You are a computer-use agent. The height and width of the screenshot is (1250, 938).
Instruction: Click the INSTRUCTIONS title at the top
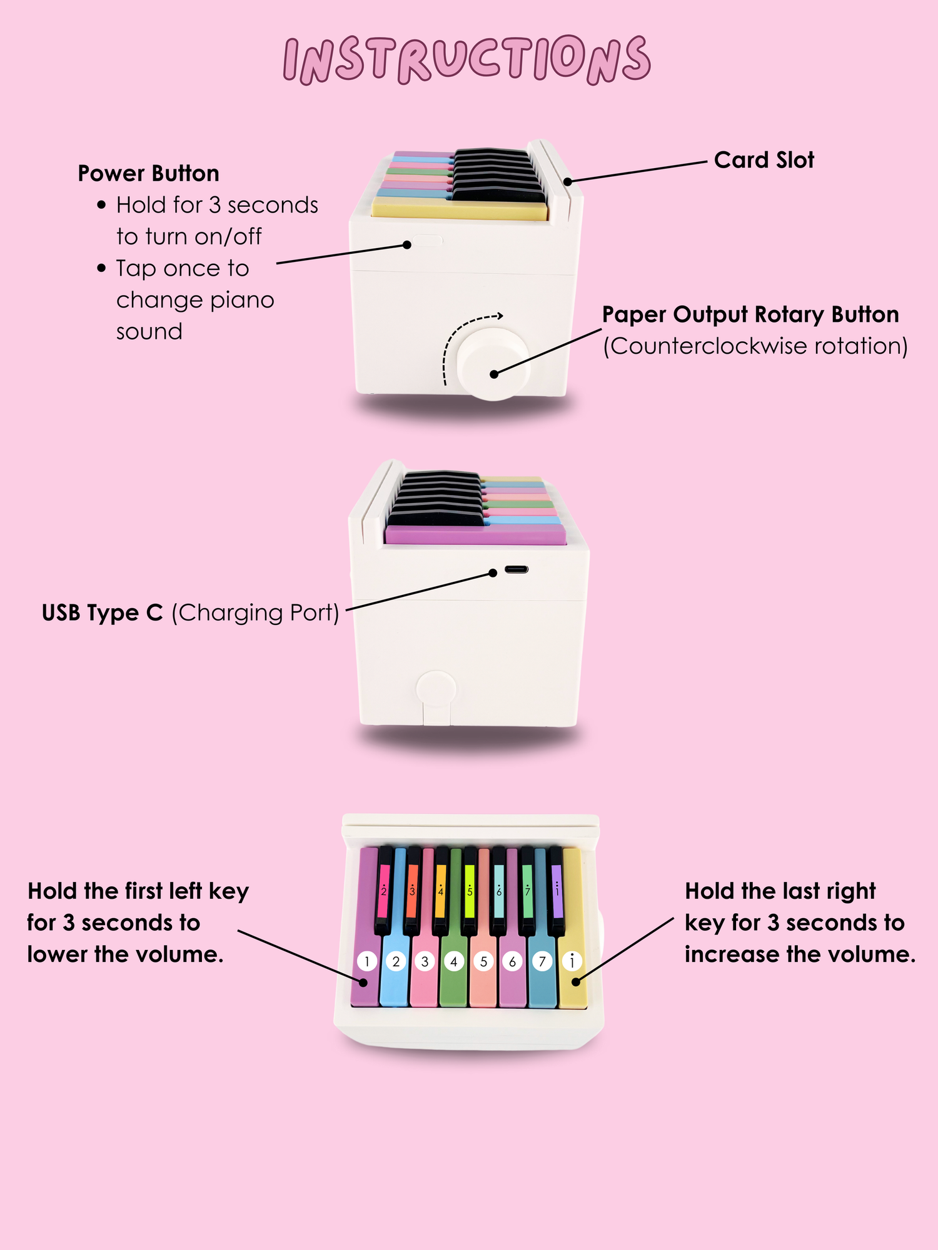coord(467,59)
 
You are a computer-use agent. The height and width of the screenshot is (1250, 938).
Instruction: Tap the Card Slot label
coord(764,160)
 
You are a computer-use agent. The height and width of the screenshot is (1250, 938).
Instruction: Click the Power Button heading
coord(148,173)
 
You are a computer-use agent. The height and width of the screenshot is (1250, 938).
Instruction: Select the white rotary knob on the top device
coord(494,364)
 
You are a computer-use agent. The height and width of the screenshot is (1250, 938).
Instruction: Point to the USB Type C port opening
coord(517,569)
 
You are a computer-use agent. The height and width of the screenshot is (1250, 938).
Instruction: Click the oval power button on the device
coord(427,241)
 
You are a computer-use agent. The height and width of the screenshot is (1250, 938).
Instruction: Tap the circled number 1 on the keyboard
coord(367,961)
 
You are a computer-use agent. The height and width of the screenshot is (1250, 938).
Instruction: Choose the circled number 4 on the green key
coord(454,961)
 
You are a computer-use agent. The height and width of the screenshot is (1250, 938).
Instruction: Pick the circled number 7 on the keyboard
coord(542,961)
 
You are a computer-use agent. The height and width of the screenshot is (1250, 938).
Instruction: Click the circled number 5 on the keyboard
coord(483,961)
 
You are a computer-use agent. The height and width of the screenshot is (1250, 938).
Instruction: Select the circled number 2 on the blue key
coord(396,961)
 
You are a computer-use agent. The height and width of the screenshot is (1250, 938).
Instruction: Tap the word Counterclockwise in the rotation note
coord(700,346)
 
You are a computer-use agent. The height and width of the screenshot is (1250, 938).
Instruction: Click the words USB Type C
coord(102,613)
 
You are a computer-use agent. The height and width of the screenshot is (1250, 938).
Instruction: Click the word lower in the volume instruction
coord(57,954)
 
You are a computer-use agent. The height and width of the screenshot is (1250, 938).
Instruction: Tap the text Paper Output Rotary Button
coord(750,315)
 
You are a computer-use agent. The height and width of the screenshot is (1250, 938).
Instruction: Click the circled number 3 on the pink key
coord(425,961)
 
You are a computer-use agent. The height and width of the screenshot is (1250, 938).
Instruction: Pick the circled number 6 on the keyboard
coord(513,961)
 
